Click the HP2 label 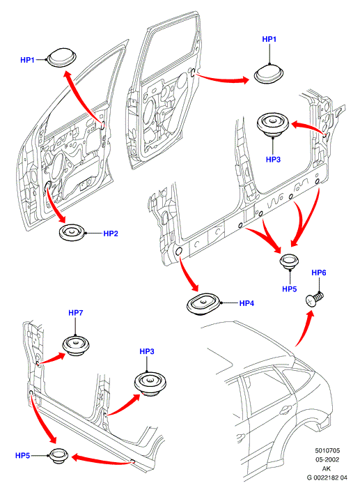(x=111, y=233)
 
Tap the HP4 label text (x=246, y=303)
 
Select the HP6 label (x=319, y=273)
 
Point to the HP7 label (x=76, y=313)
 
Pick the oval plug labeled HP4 (x=204, y=304)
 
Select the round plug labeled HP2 (x=72, y=233)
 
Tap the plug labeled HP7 (x=76, y=346)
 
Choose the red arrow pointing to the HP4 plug (x=187, y=272)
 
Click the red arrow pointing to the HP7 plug (x=52, y=358)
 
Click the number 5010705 (x=327, y=451)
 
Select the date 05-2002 (x=327, y=460)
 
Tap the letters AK (x=327, y=468)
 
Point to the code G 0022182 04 (x=327, y=477)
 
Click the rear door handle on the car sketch (x=285, y=410)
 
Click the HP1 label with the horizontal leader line (x=27, y=60)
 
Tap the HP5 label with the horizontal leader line (x=22, y=456)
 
